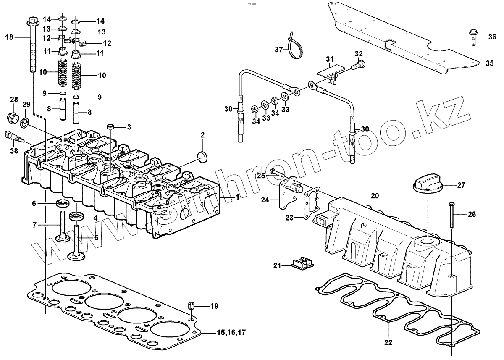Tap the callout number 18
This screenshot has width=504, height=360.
coord(9,37)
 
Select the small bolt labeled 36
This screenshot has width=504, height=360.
coord(471,37)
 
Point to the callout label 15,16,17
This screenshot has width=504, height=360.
coord(231,333)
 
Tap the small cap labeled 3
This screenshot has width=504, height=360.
coord(110,126)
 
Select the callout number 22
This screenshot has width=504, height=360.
coord(388,342)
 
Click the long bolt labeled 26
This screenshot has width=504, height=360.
coord(451,214)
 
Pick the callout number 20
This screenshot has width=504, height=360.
coord(374,196)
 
